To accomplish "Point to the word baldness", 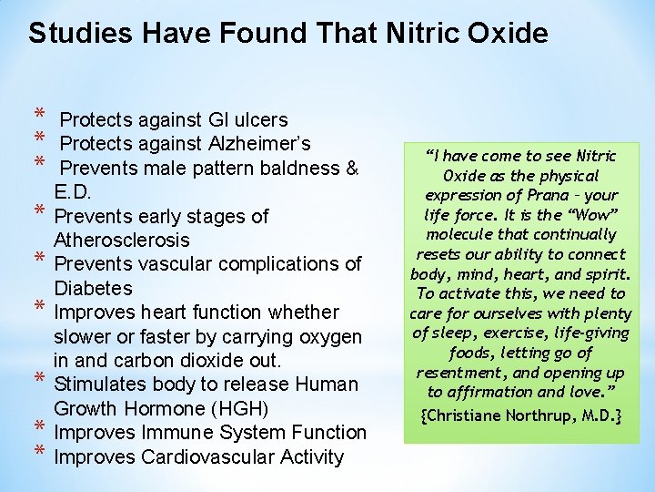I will coord(303,169).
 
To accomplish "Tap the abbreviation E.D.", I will coord(74,192).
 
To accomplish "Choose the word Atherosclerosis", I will coord(122,241).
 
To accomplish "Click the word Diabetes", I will coord(93,288).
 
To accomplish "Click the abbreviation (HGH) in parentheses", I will coord(264,408).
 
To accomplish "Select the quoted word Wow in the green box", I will coord(596,215).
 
